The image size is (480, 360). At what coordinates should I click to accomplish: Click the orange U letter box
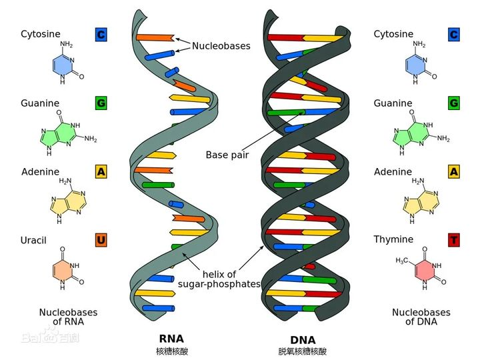tap(101, 240)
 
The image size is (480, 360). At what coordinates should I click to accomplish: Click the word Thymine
tap(393, 239)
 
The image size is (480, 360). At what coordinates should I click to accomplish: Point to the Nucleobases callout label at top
tap(221, 46)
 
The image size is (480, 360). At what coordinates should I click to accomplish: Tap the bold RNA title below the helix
tap(171, 338)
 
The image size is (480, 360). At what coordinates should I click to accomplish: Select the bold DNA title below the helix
tap(303, 339)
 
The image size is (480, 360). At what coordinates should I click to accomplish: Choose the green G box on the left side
tap(101, 103)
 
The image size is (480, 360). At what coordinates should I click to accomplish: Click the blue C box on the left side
tap(101, 34)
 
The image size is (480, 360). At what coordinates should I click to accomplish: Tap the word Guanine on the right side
tap(393, 103)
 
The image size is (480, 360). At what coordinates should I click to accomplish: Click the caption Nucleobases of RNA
tap(68, 317)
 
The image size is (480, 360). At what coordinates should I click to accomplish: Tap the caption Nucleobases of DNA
tap(421, 317)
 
